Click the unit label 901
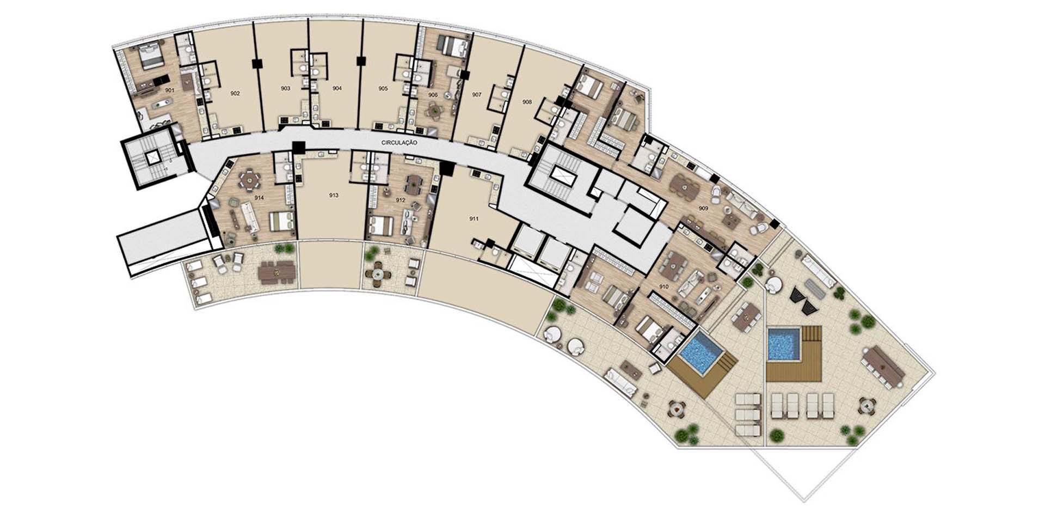click(x=170, y=90)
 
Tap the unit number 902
click(x=235, y=94)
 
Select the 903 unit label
click(x=285, y=88)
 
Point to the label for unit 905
click(x=383, y=88)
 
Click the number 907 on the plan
click(x=477, y=95)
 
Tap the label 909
click(x=704, y=209)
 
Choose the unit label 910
click(x=664, y=287)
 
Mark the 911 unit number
click(x=474, y=219)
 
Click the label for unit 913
click(x=334, y=195)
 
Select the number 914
click(x=259, y=198)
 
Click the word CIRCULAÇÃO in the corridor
click(x=399, y=143)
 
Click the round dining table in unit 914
click(x=250, y=179)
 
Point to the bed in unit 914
click(x=282, y=221)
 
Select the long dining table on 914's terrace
click(x=278, y=271)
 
